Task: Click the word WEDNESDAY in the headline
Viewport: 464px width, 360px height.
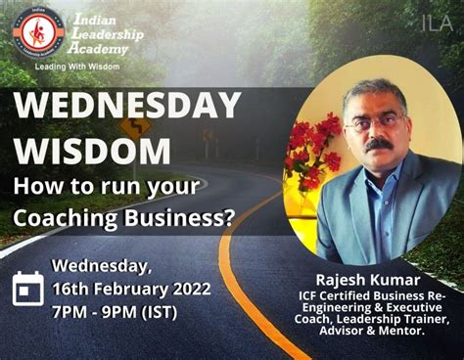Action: pos(127,107)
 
